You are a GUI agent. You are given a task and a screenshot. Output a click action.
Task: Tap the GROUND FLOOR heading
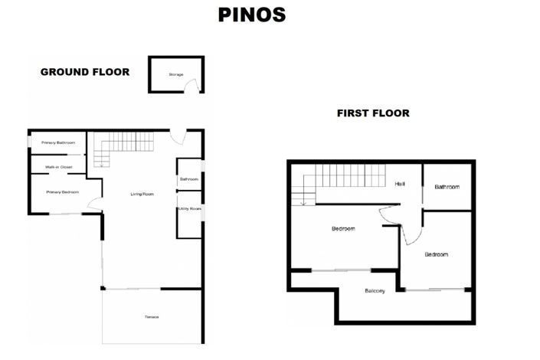coord(84,72)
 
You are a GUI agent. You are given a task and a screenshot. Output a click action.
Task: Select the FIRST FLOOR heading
coord(373,113)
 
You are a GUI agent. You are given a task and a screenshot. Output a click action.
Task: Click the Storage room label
coord(175,74)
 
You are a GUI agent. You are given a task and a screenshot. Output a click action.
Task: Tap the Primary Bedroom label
coord(63,192)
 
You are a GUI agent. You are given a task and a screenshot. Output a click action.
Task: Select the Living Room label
coord(142,194)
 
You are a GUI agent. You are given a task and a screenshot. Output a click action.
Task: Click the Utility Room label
coord(188,208)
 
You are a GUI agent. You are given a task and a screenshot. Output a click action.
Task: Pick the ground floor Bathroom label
coord(188,179)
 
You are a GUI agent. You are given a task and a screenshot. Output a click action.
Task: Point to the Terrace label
coord(151,317)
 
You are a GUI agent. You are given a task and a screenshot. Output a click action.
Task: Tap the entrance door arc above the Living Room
coord(178,138)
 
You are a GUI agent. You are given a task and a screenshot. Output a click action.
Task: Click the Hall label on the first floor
coord(400,184)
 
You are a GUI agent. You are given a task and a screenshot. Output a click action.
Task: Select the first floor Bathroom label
coord(447,187)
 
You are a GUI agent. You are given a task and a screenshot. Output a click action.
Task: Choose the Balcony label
coord(375,290)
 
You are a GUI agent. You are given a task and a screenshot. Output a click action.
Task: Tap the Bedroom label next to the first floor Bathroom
coord(436,254)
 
